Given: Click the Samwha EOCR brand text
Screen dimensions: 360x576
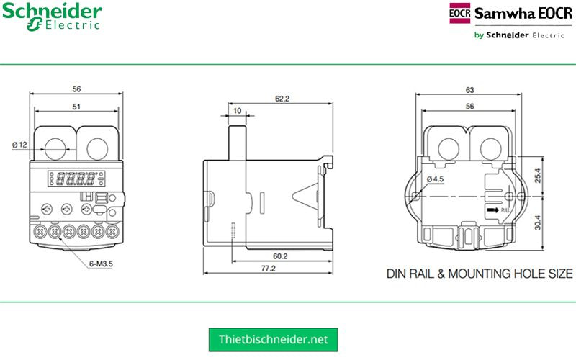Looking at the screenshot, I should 523,14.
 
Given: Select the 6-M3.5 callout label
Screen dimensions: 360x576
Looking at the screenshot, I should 101,264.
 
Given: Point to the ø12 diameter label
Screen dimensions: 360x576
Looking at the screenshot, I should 19,145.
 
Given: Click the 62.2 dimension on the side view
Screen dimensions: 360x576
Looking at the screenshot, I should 282,99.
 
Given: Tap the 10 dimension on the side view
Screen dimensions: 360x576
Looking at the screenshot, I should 237,111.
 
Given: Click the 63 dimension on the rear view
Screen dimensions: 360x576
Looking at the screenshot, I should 470,91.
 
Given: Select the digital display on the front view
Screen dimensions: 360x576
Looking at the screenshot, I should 74,177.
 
